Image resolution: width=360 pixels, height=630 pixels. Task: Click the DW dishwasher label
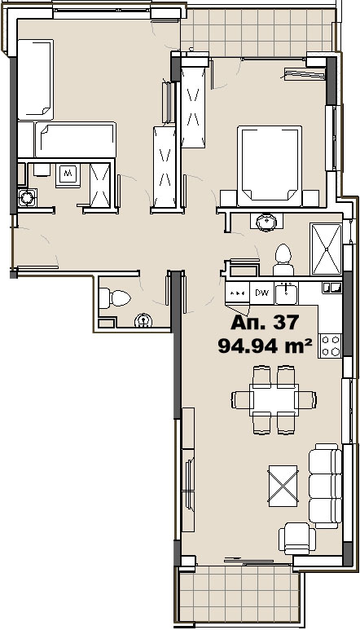(x=261, y=293)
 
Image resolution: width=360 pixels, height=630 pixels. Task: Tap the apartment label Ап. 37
(x=265, y=322)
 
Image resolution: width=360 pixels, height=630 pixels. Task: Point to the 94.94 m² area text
(x=265, y=346)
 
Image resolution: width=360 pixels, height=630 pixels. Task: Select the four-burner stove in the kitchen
(x=330, y=346)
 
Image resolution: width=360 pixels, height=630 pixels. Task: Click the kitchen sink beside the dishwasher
(x=286, y=293)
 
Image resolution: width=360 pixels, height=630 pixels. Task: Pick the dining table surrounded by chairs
(x=274, y=400)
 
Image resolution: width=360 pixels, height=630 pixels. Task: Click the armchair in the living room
(x=297, y=539)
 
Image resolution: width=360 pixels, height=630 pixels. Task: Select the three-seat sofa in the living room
(x=325, y=486)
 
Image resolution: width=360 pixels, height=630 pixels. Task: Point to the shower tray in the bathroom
(x=326, y=249)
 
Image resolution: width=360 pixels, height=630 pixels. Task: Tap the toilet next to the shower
(x=283, y=259)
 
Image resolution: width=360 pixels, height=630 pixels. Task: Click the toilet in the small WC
(x=115, y=298)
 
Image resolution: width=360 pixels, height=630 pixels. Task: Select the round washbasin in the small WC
(x=143, y=320)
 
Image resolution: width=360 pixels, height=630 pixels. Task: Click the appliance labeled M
(x=68, y=175)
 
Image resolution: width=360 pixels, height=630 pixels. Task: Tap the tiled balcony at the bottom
(x=239, y=596)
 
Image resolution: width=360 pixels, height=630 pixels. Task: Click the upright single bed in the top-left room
(x=35, y=80)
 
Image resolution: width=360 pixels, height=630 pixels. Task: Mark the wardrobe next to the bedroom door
(x=194, y=107)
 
